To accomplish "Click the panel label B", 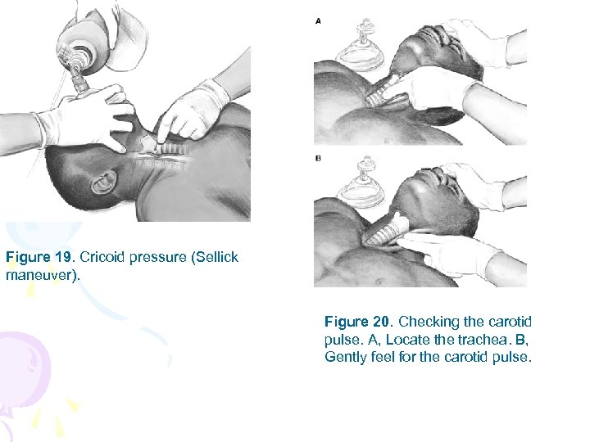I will click(318, 158).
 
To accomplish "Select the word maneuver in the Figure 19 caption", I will click(38, 274).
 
